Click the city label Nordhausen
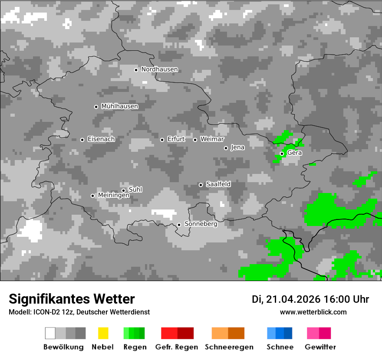pyautogui.click(x=159, y=69)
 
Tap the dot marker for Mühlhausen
pyautogui.click(x=96, y=107)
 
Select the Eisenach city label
pyautogui.click(x=101, y=139)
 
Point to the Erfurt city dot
pyautogui.click(x=162, y=140)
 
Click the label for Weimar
pyautogui.click(x=212, y=139)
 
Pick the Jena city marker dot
pyautogui.click(x=226, y=148)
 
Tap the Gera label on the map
pyautogui.click(x=294, y=153)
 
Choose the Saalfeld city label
pyautogui.click(x=218, y=184)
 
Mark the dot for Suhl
pyautogui.click(x=123, y=190)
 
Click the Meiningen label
pyautogui.click(x=114, y=196)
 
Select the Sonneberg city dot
pyautogui.click(x=179, y=225)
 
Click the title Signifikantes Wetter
pyautogui.click(x=72, y=299)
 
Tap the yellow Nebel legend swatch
pyautogui.click(x=103, y=333)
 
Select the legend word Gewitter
pyautogui.click(x=320, y=347)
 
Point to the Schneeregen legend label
pyautogui.click(x=229, y=347)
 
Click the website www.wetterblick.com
pyautogui.click(x=313, y=312)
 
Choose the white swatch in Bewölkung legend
pyautogui.click(x=50, y=333)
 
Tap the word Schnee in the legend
pyautogui.click(x=280, y=347)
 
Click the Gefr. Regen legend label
pyautogui.click(x=177, y=347)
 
